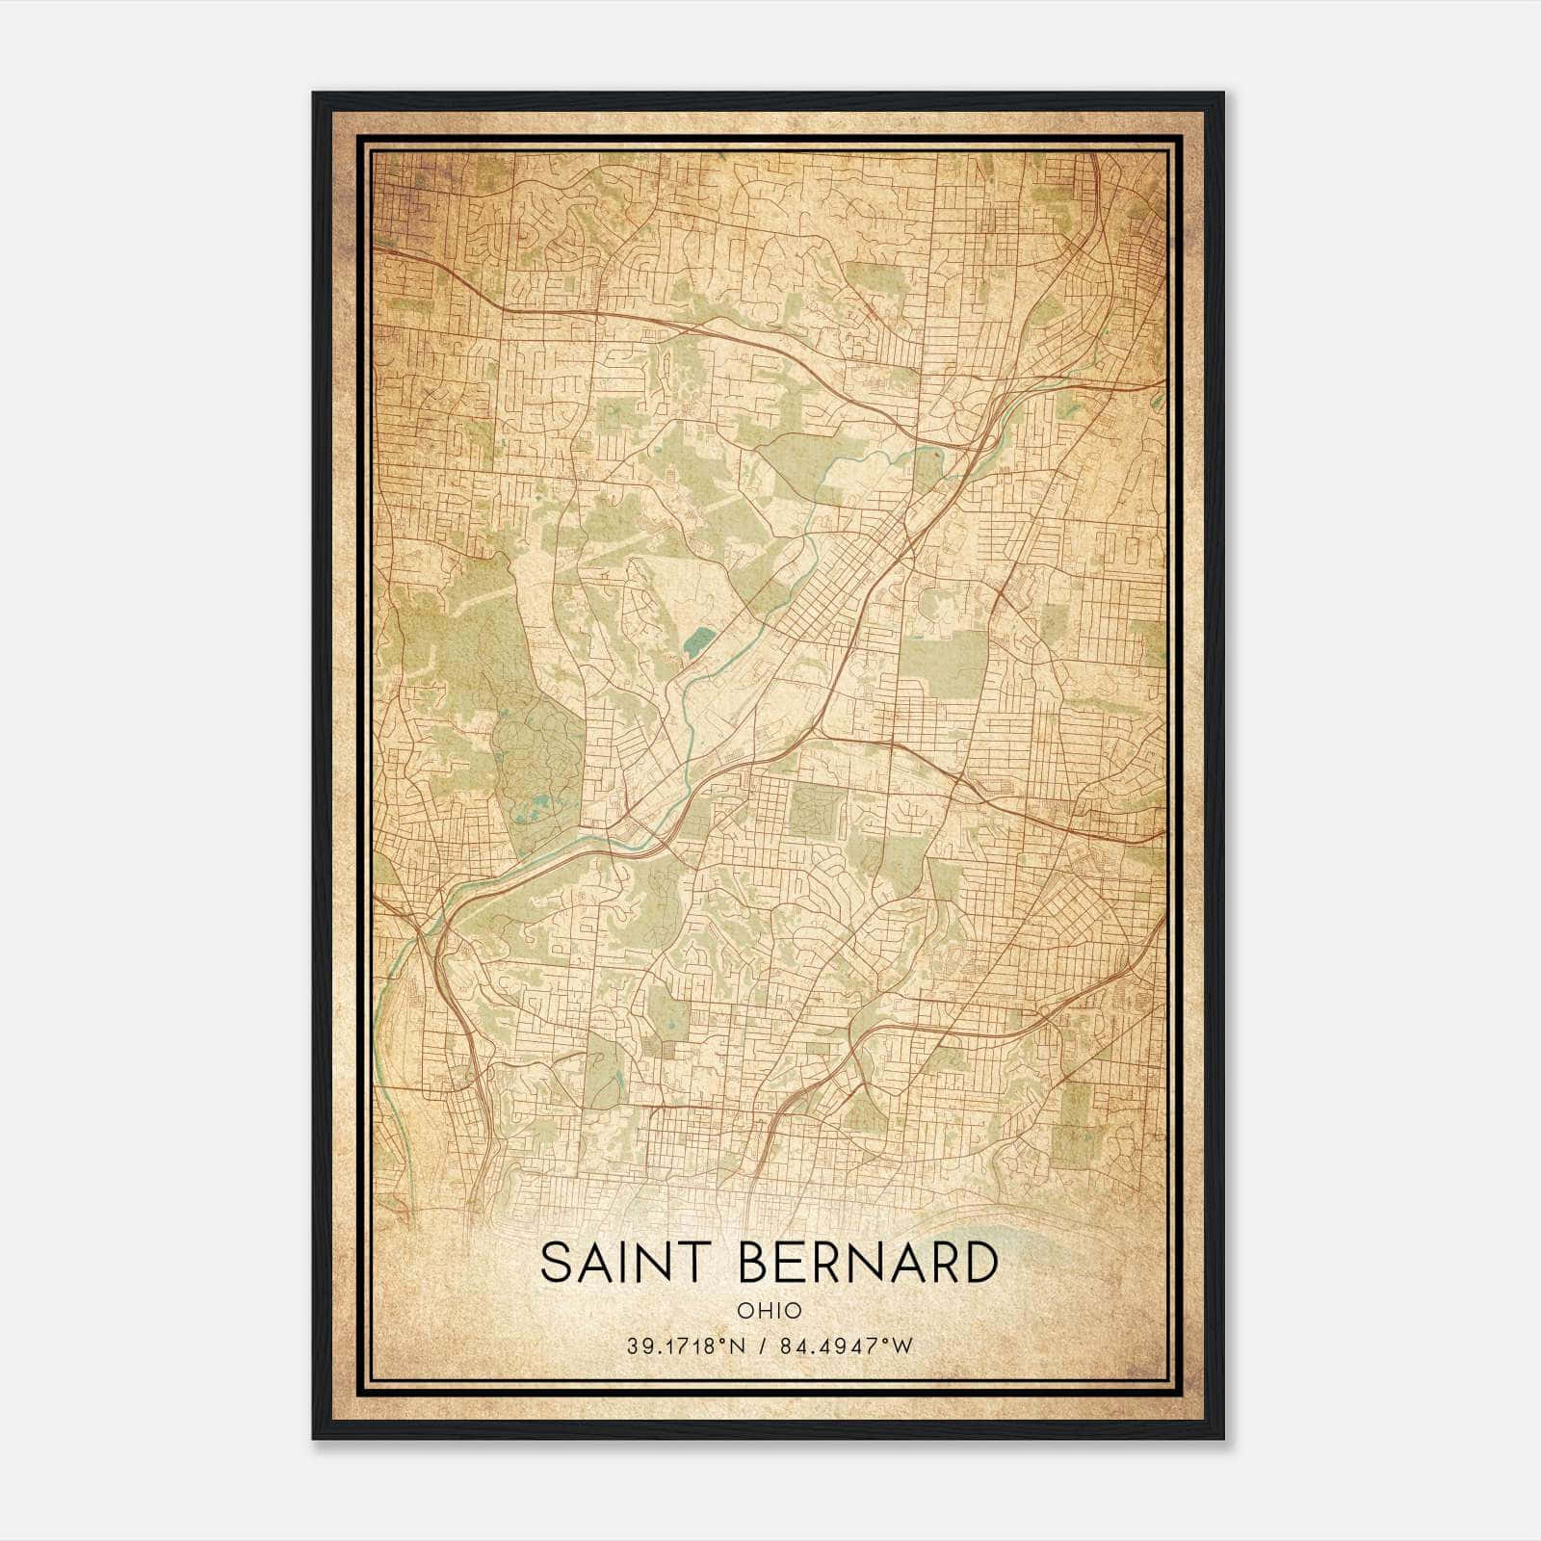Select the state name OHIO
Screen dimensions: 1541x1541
point(769,1311)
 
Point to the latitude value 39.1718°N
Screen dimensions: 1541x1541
point(685,1346)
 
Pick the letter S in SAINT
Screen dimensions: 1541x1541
point(557,1264)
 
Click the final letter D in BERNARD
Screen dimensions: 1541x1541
point(979,1264)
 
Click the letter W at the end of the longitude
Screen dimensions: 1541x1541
point(902,1346)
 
